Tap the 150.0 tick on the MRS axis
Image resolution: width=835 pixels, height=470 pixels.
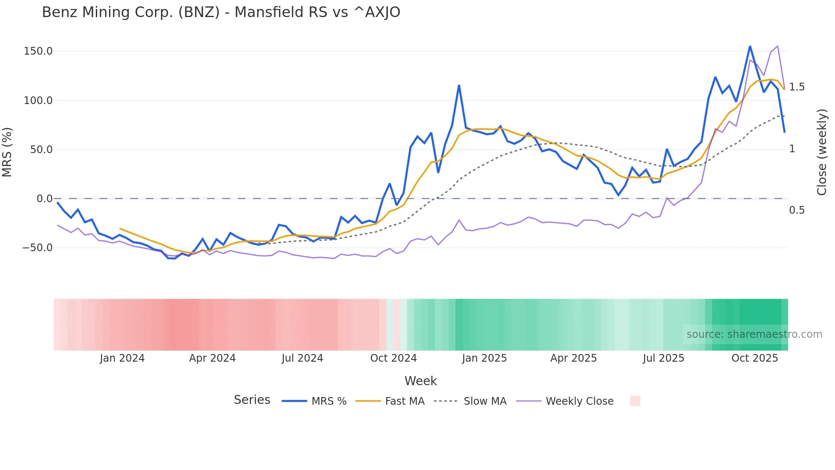(x=38, y=51)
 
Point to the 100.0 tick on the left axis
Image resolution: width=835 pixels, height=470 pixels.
(x=38, y=101)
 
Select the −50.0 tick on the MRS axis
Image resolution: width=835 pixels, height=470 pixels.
(x=37, y=248)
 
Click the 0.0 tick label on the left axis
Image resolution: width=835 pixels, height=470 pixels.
(x=44, y=199)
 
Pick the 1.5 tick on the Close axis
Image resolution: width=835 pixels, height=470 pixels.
(x=797, y=87)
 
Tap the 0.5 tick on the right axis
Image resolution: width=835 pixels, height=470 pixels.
(x=797, y=210)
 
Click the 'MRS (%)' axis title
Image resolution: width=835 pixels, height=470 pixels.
(x=7, y=152)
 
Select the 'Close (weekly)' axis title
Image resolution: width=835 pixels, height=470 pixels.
(x=822, y=152)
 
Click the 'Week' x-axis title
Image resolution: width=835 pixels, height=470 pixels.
(x=420, y=381)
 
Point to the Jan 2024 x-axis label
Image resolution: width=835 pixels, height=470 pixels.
(x=122, y=358)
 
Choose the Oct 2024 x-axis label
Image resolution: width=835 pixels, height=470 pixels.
(x=393, y=358)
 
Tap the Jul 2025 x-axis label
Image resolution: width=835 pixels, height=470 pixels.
(x=663, y=358)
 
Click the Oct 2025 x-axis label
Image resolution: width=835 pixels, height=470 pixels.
(x=754, y=358)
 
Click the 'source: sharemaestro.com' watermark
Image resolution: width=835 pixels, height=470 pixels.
(x=754, y=334)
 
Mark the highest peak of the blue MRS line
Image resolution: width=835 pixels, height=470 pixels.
(x=750, y=46)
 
